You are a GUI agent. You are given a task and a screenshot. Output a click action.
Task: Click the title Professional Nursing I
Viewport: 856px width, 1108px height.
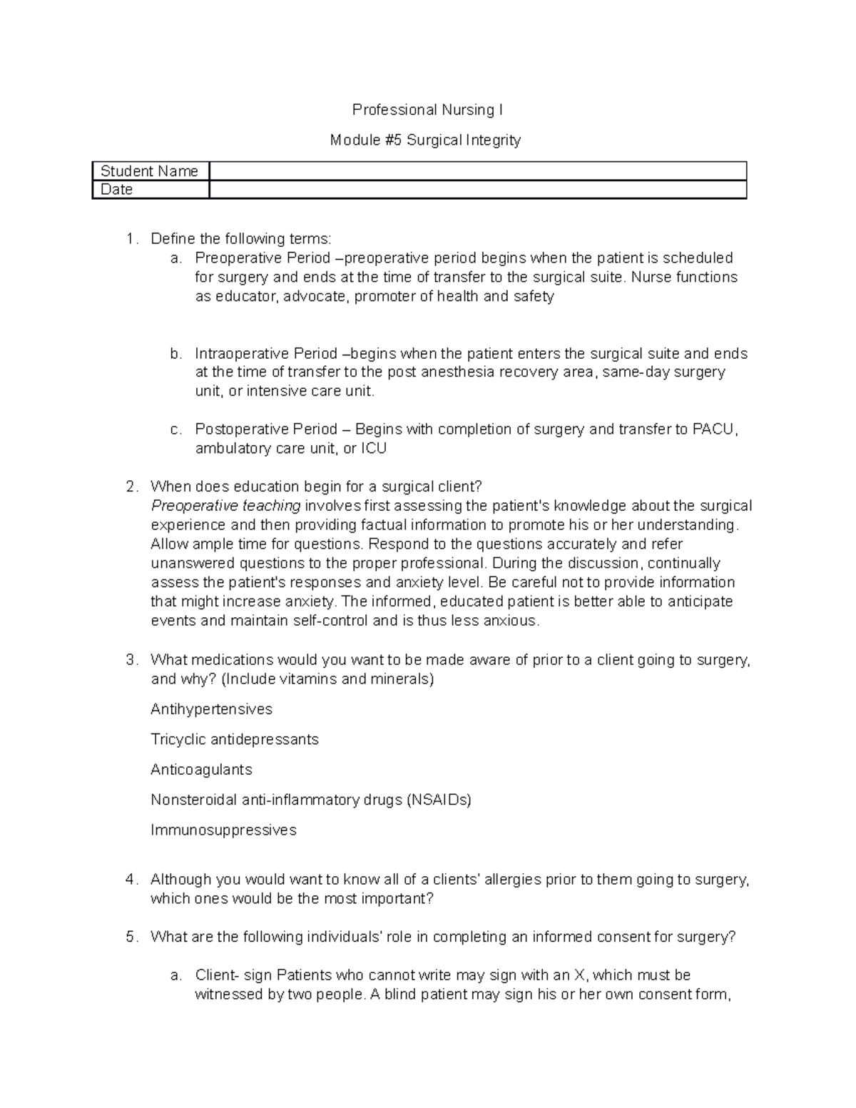pyautogui.click(x=427, y=110)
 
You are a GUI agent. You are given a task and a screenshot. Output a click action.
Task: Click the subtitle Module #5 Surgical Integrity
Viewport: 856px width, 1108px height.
pyautogui.click(x=425, y=140)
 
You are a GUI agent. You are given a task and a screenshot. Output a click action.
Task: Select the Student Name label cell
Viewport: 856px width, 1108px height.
pyautogui.click(x=150, y=171)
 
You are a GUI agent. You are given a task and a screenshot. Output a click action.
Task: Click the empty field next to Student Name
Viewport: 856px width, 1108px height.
pyautogui.click(x=477, y=171)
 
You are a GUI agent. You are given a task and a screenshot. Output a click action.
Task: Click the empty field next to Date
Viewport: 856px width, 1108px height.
pyautogui.click(x=477, y=190)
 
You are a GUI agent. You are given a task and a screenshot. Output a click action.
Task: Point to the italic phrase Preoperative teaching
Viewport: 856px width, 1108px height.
pyautogui.click(x=225, y=506)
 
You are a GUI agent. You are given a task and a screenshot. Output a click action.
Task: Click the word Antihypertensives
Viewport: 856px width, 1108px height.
pyautogui.click(x=211, y=709)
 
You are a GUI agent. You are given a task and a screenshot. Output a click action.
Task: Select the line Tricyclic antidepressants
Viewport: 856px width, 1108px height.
pyautogui.click(x=235, y=739)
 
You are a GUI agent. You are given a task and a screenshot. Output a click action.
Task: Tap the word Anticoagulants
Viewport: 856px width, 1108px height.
pyautogui.click(x=201, y=770)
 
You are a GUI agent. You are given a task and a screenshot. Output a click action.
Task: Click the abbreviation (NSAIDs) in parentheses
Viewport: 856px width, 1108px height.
pyautogui.click(x=439, y=800)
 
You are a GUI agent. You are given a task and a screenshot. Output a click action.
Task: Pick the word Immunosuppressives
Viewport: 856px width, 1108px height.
pyautogui.click(x=223, y=830)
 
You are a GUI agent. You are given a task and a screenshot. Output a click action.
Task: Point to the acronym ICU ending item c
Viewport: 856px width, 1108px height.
pyautogui.click(x=374, y=449)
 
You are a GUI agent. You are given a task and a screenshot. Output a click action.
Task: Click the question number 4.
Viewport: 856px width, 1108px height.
pyautogui.click(x=131, y=880)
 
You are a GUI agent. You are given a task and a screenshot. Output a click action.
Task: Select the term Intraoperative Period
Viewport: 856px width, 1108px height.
pyautogui.click(x=266, y=354)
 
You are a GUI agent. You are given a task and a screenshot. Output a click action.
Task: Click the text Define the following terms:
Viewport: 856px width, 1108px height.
pyautogui.click(x=241, y=239)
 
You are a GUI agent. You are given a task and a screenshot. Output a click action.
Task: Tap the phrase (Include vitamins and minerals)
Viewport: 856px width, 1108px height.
pyautogui.click(x=327, y=679)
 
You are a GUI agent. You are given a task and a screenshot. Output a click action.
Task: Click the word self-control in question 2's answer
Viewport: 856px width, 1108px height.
pyautogui.click(x=330, y=621)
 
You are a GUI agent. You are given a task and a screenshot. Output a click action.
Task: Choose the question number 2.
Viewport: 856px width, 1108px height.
pyautogui.click(x=131, y=487)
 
